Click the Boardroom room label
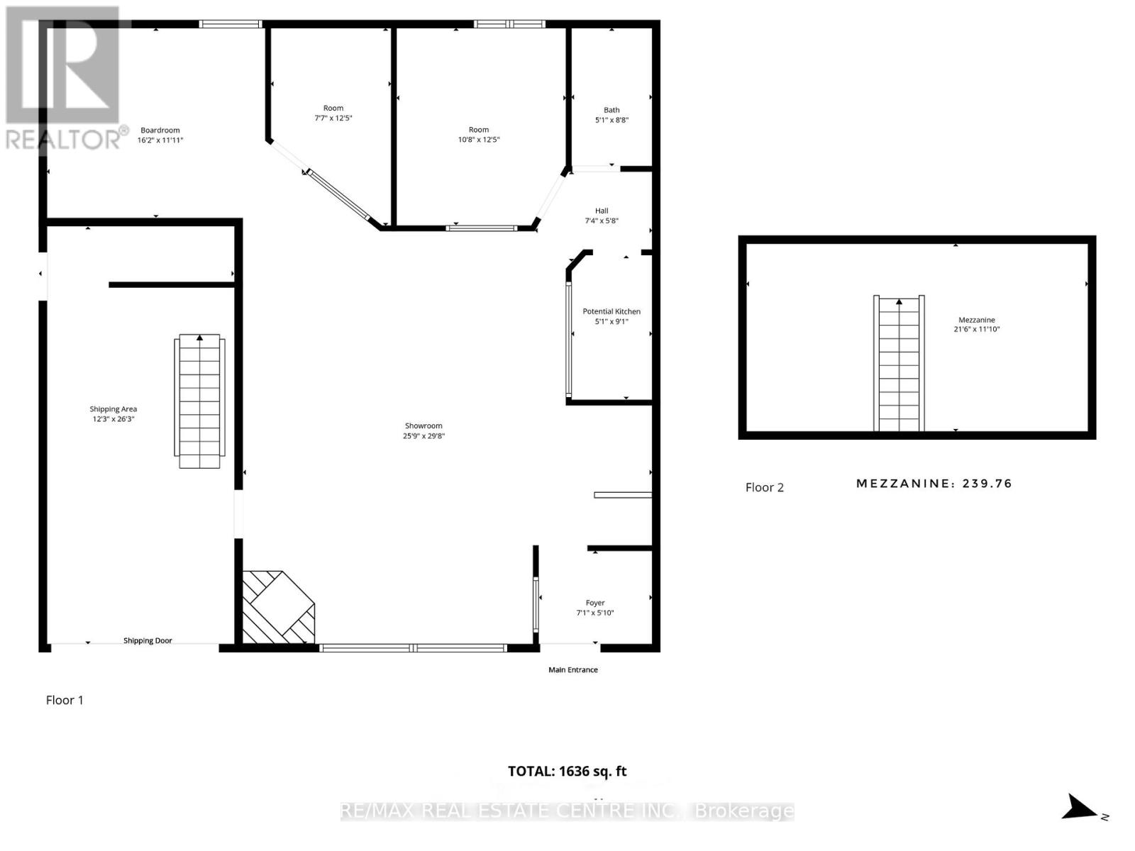(x=160, y=130)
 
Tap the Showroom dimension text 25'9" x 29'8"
(x=423, y=436)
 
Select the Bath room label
(x=611, y=110)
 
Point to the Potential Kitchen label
(x=611, y=311)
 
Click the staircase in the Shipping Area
(x=199, y=401)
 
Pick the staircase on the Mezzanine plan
(x=899, y=364)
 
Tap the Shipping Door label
(x=148, y=641)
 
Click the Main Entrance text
(x=573, y=670)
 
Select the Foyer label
(x=595, y=603)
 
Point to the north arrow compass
(x=1082, y=808)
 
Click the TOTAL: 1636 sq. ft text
(x=567, y=772)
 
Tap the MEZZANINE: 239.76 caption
(x=934, y=484)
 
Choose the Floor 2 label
(x=764, y=487)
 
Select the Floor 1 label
(x=65, y=700)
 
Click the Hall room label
(x=602, y=211)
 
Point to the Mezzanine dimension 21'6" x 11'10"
(x=977, y=329)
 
